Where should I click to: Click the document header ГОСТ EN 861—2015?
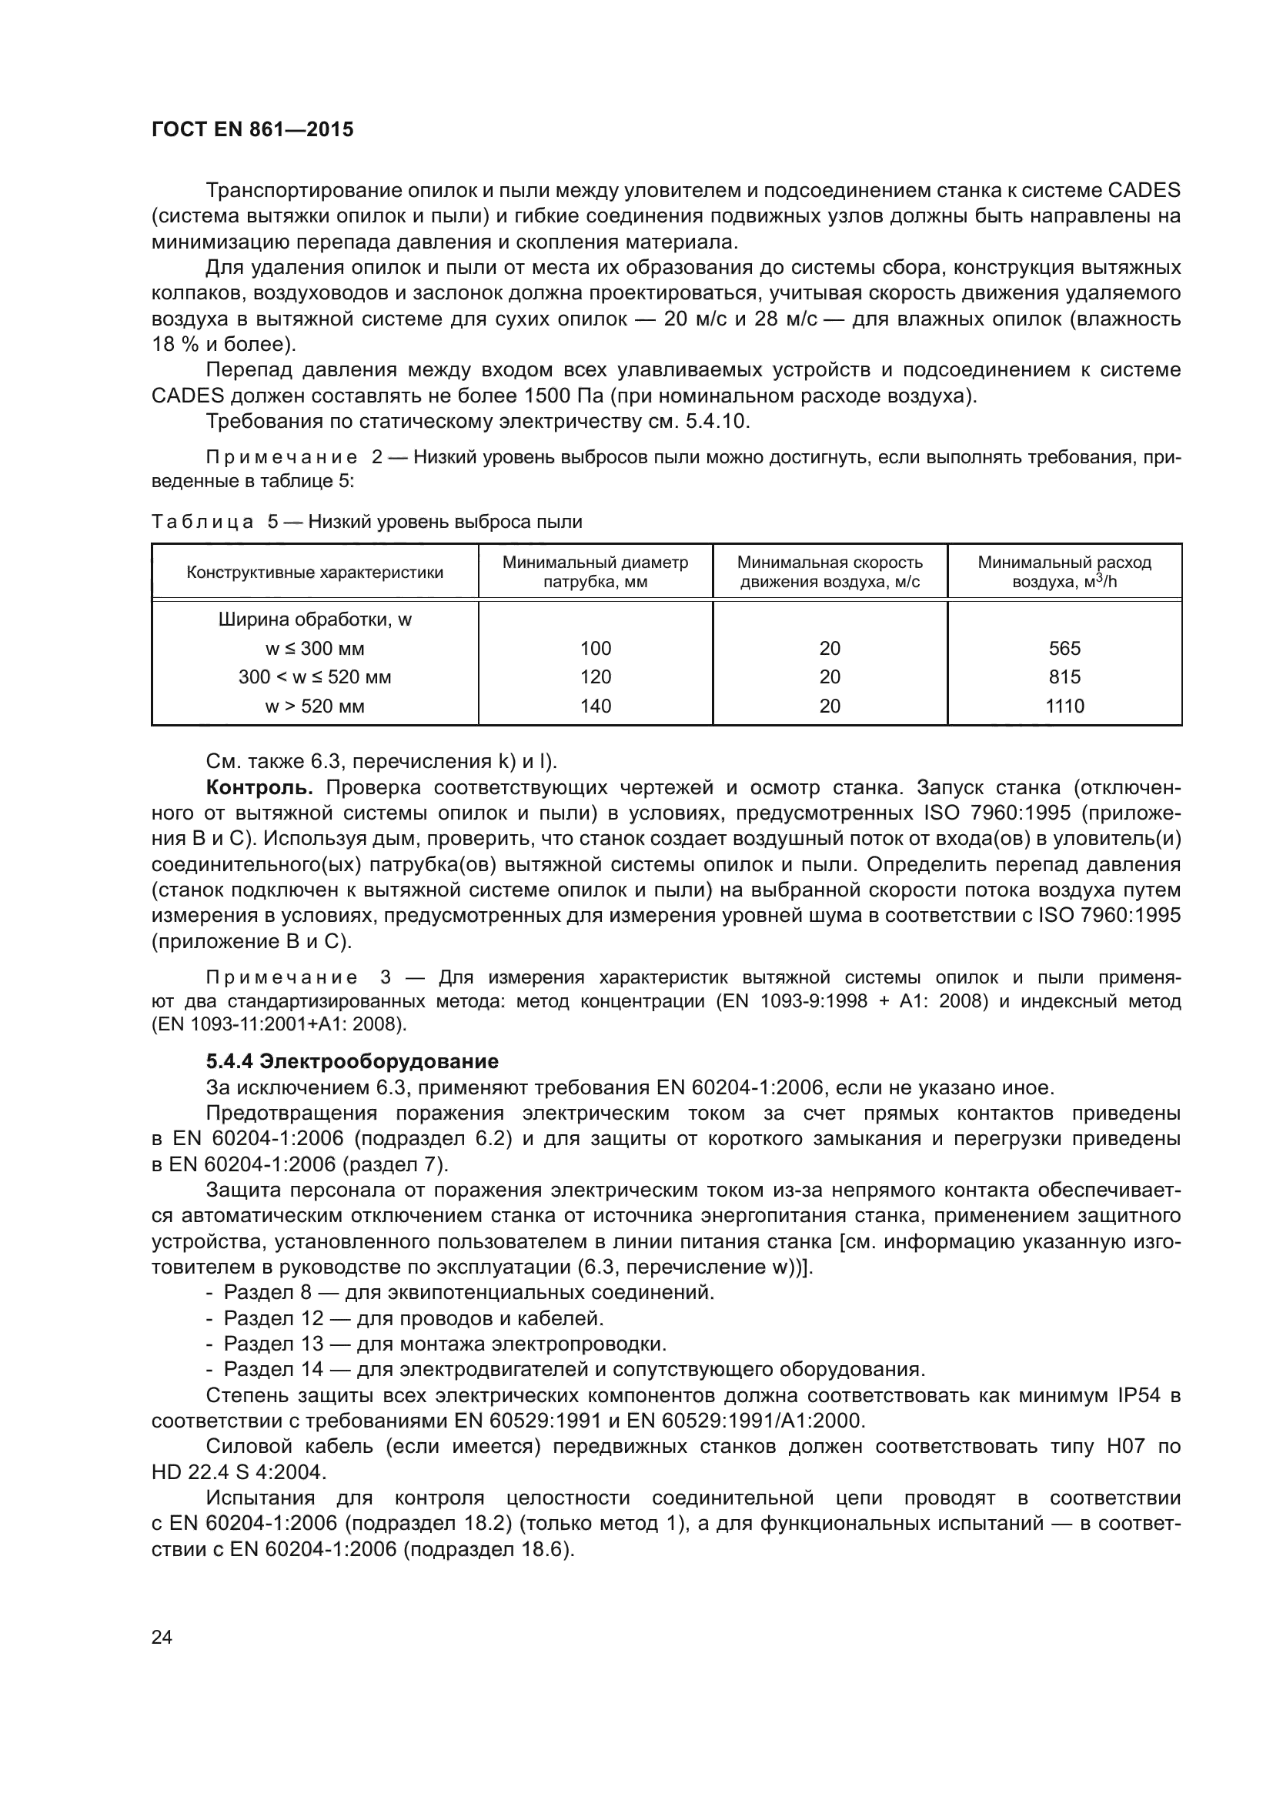[x=252, y=130]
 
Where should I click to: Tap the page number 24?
[x=162, y=1637]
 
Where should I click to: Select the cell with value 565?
[x=1064, y=648]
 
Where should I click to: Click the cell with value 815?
[x=1064, y=677]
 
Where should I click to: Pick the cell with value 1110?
[x=1064, y=706]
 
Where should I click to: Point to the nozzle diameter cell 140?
[x=595, y=706]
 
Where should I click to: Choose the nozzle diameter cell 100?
[x=595, y=648]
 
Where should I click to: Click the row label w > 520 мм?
[x=314, y=706]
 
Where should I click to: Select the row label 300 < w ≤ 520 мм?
[x=314, y=677]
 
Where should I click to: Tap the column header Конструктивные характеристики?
[x=314, y=573]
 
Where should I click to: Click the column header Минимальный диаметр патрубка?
[x=595, y=573]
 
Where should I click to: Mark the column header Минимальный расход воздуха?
[x=1064, y=573]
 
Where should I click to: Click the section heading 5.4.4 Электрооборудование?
[x=352, y=1062]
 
